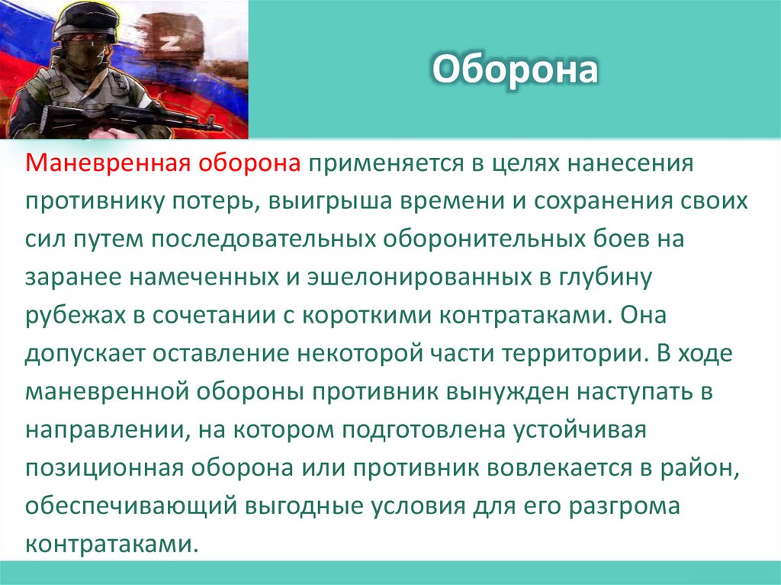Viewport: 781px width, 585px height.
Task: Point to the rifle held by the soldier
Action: tap(122, 117)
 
